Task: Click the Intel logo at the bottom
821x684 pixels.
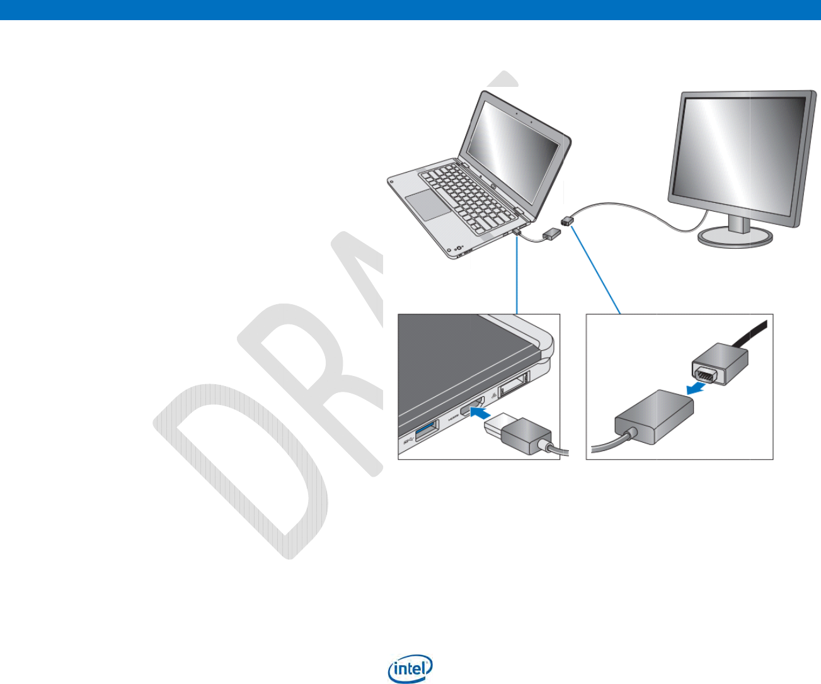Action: pos(411,670)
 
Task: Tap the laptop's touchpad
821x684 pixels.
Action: pos(427,203)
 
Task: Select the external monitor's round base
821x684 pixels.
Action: pos(735,237)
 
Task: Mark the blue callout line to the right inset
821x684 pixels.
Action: pos(595,271)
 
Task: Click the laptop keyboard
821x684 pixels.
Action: pos(466,189)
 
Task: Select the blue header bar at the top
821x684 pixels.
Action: pos(410,9)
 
